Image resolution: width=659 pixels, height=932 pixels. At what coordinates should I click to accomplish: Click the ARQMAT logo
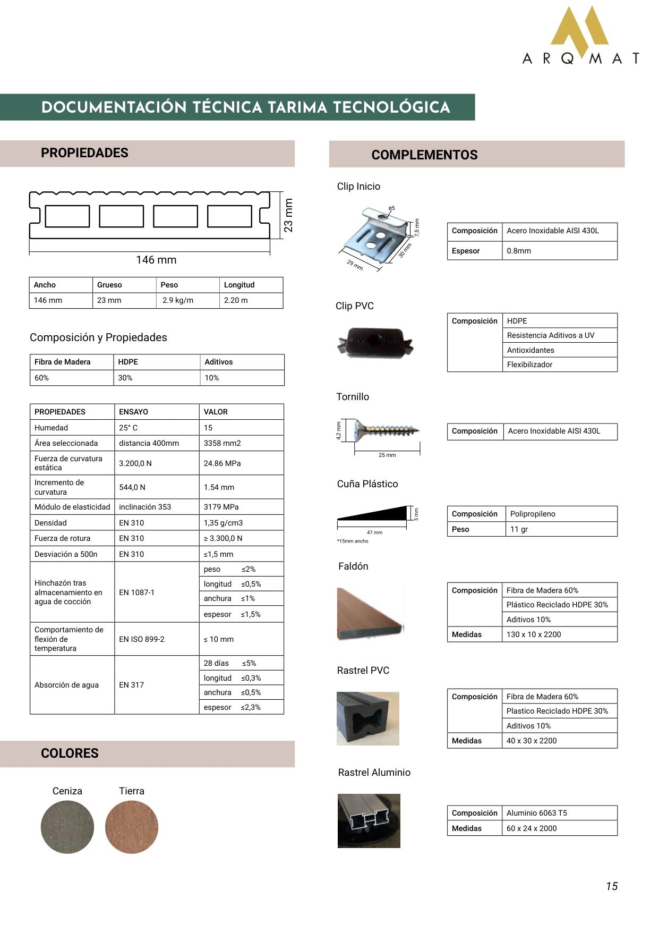pyautogui.click(x=580, y=36)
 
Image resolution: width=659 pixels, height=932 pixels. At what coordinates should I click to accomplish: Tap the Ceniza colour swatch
pyautogui.click(x=67, y=827)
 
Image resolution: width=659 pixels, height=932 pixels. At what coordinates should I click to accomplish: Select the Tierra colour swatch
pyautogui.click(x=132, y=827)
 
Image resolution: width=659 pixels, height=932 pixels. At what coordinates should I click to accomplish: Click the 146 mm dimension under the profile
pyautogui.click(x=156, y=260)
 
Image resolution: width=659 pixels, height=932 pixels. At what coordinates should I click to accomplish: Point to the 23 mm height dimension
pyautogui.click(x=288, y=215)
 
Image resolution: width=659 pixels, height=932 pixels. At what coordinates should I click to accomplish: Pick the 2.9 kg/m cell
pyautogui.click(x=178, y=300)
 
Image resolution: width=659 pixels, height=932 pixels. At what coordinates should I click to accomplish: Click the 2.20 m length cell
pyautogui.click(x=236, y=300)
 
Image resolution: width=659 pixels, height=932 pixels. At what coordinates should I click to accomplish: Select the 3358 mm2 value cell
pyautogui.click(x=222, y=443)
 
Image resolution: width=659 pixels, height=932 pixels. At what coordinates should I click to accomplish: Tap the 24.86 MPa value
pyautogui.click(x=222, y=463)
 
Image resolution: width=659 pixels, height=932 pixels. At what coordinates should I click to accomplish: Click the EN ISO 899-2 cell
pyautogui.click(x=142, y=639)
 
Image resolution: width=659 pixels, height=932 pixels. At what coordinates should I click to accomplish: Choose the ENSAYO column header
pyautogui.click(x=134, y=412)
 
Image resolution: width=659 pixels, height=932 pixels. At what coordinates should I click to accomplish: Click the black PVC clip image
pyautogui.click(x=375, y=342)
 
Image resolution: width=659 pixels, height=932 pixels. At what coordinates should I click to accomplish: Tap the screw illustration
pyautogui.click(x=386, y=429)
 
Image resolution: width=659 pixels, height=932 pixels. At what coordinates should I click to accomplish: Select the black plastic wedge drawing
pyautogui.click(x=372, y=514)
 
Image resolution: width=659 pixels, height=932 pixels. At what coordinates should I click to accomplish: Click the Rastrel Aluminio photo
pyautogui.click(x=369, y=820)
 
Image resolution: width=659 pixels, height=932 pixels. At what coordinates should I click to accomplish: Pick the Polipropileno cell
pyautogui.click(x=533, y=514)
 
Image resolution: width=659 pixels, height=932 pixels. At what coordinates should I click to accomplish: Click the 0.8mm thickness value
pyautogui.click(x=519, y=251)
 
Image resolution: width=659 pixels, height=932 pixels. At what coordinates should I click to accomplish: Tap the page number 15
pyautogui.click(x=612, y=886)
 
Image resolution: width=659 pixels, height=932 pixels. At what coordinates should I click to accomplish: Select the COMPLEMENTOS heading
pyautogui.click(x=424, y=155)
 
